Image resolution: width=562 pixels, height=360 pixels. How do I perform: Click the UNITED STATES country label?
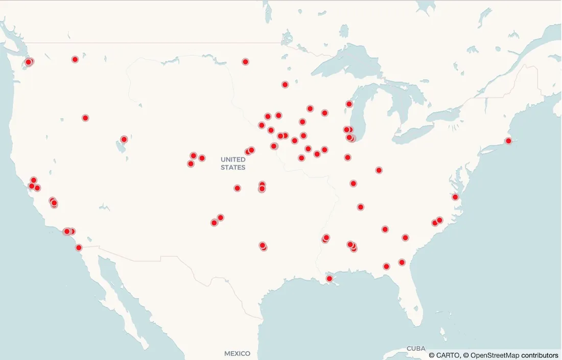pos(233,164)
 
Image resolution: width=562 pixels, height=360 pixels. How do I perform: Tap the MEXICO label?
pos(237,353)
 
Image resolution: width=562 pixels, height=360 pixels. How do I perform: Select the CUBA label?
pos(415,348)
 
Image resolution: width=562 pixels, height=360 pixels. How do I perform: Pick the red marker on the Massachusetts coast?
pos(508,141)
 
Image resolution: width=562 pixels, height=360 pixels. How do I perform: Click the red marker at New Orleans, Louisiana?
pos(330,279)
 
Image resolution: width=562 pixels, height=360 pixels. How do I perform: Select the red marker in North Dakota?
pos(245,62)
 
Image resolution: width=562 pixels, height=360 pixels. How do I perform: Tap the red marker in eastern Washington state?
pos(75,59)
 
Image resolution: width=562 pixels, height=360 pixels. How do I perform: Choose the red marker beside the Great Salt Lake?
pos(124,139)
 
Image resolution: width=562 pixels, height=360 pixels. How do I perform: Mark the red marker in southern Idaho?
pos(85,118)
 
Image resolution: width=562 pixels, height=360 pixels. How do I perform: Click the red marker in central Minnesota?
pos(285,84)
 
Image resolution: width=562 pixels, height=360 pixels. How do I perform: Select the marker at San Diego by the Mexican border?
pos(79,247)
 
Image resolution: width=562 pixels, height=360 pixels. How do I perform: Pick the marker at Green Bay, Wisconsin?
pos(349,104)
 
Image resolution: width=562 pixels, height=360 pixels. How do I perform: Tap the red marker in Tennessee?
pos(361,207)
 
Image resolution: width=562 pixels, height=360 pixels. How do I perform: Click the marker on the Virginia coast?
pos(455,197)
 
